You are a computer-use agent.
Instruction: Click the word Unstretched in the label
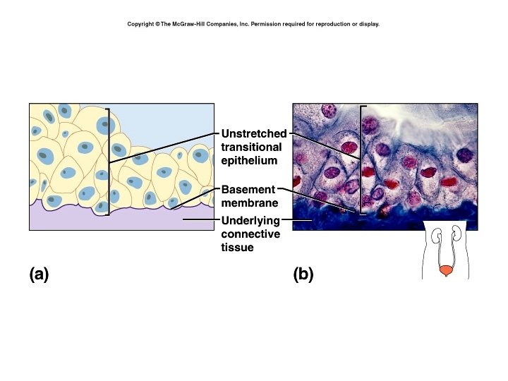click(x=254, y=133)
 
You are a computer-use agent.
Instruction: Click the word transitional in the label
click(x=251, y=147)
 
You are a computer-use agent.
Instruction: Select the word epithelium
click(x=249, y=160)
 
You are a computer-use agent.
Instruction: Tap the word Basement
click(x=248, y=190)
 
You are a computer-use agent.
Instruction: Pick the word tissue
click(x=238, y=248)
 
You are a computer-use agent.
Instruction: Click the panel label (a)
click(x=40, y=274)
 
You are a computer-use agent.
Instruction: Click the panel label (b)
click(x=303, y=274)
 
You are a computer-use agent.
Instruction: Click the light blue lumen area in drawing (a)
click(x=169, y=123)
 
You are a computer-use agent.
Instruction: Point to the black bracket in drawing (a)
click(x=109, y=161)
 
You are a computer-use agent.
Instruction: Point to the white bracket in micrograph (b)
click(x=362, y=159)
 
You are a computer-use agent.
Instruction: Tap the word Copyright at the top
click(x=140, y=24)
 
